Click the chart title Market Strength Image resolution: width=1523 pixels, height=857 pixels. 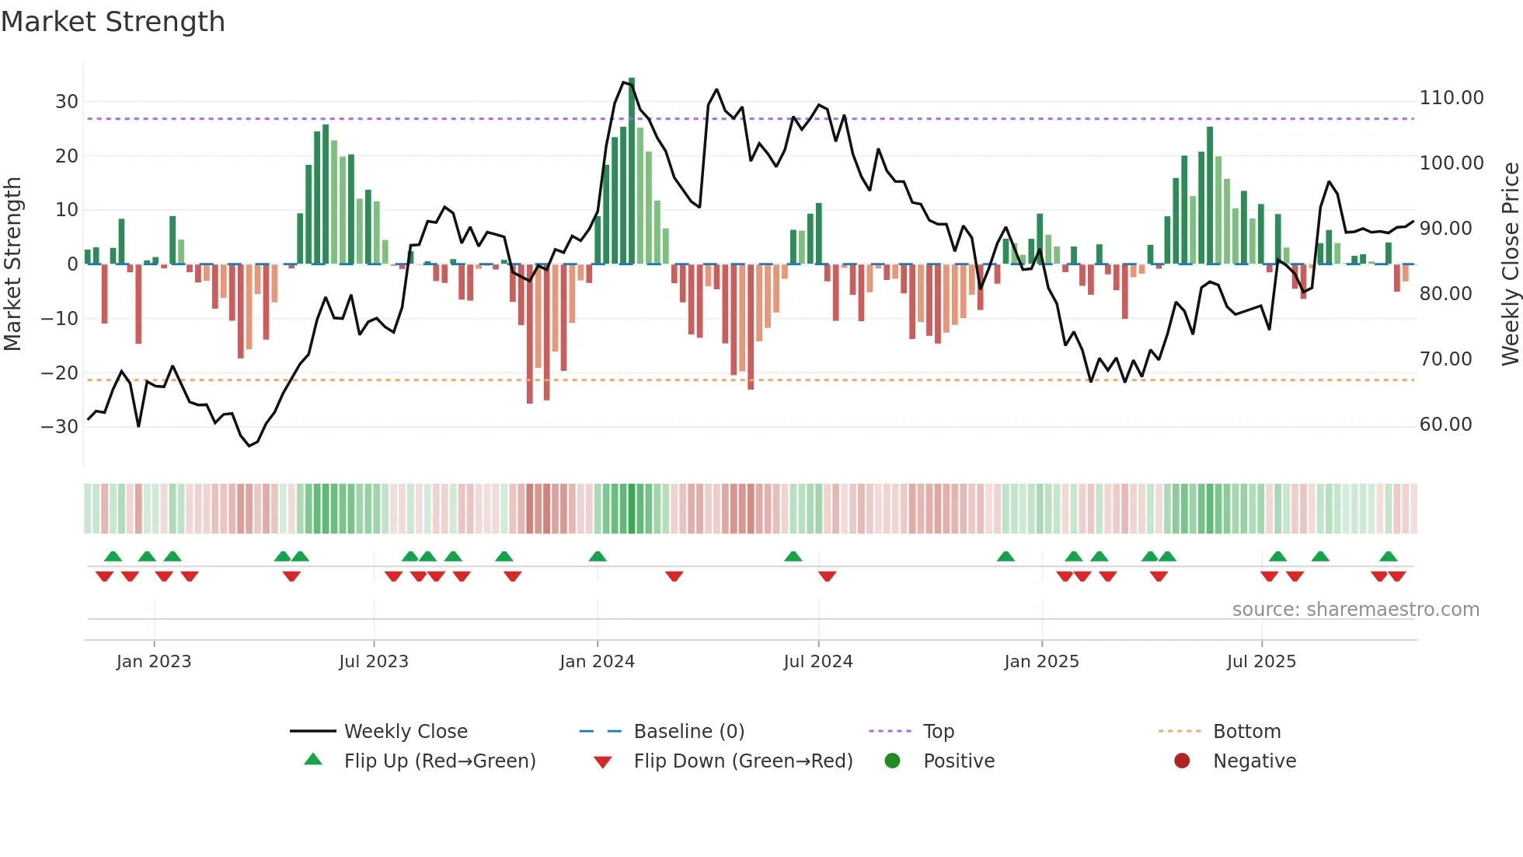[x=113, y=22]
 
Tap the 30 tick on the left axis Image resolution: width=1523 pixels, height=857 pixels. [x=67, y=102]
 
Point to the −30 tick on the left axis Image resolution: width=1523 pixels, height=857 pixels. [x=60, y=427]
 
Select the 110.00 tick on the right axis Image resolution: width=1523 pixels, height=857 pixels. [x=1451, y=98]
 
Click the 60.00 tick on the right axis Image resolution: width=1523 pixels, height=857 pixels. [x=1445, y=425]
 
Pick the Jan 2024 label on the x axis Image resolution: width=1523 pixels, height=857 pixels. [x=597, y=662]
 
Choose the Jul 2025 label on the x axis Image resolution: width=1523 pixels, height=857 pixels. [x=1261, y=662]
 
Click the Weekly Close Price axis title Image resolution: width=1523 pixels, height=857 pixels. [x=1510, y=264]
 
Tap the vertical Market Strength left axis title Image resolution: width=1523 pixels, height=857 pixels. [x=13, y=264]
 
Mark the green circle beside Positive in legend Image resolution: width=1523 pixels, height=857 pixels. [x=892, y=761]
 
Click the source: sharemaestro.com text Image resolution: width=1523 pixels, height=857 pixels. [x=1355, y=610]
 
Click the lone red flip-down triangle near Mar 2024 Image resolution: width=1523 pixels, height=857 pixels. [x=674, y=576]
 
